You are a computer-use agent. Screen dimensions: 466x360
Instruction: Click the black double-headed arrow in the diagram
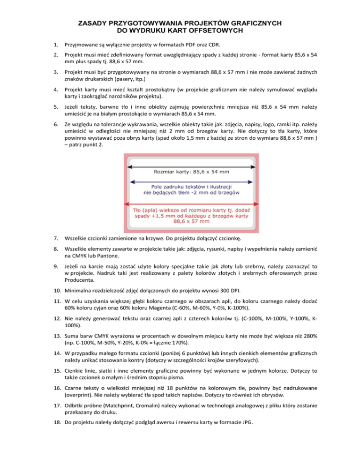(x=192, y=166)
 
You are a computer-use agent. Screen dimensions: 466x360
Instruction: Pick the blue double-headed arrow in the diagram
(x=192, y=181)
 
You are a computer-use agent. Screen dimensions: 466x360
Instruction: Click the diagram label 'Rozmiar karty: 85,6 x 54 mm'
(x=191, y=173)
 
